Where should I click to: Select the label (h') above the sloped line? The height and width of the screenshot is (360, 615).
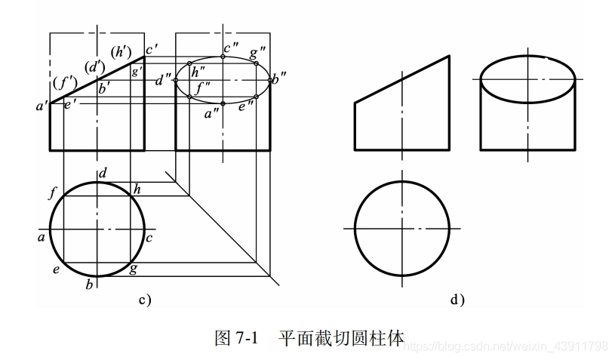click(x=121, y=53)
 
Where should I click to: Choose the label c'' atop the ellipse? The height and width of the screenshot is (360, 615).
click(x=231, y=48)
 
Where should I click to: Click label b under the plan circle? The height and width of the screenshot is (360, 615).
click(x=89, y=285)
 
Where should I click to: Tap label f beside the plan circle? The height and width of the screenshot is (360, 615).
click(x=52, y=193)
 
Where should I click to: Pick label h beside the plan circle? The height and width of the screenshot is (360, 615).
click(x=137, y=189)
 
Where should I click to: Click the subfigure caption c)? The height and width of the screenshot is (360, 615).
click(x=145, y=300)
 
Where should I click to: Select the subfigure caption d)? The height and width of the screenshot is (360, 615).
click(x=457, y=300)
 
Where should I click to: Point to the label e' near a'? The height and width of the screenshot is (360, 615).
click(x=69, y=103)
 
